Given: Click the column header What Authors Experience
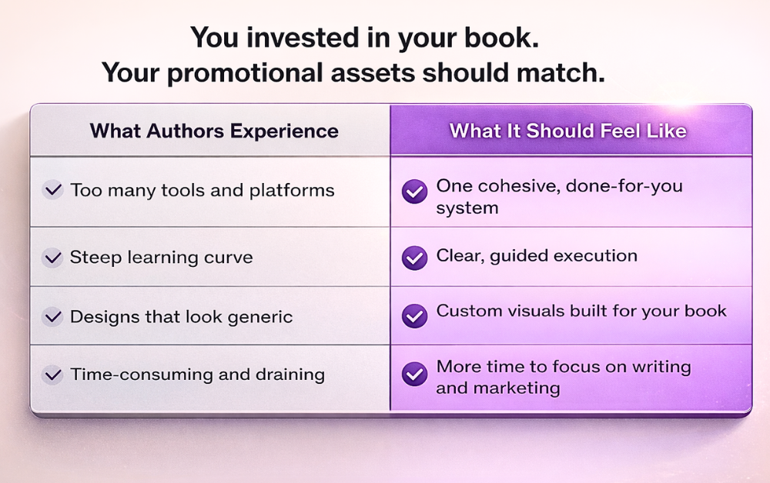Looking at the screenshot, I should tap(214, 131).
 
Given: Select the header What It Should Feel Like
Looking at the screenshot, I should tap(568, 131).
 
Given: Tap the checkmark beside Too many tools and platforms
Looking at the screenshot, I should tap(53, 190).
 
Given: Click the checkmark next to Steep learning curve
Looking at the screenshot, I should tap(53, 257).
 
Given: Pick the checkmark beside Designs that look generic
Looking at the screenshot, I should tap(53, 316).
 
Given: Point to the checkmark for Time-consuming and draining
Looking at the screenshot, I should tap(53, 375).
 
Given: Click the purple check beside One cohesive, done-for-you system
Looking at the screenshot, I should tap(415, 192).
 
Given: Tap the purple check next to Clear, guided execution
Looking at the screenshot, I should tap(415, 257).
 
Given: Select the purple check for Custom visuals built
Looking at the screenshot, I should tap(415, 315).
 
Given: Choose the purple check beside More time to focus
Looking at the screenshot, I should tap(415, 375).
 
